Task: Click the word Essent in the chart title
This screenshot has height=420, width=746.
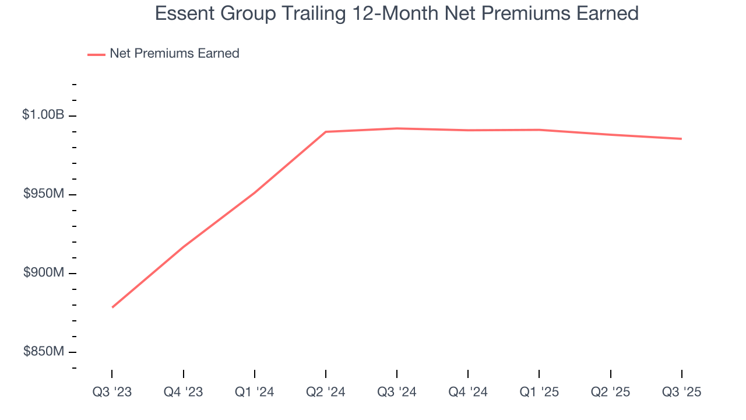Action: tap(181, 13)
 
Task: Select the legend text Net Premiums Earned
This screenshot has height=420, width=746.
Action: tap(174, 54)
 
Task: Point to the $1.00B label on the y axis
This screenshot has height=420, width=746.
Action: tap(43, 115)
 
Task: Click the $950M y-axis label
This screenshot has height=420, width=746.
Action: tap(44, 194)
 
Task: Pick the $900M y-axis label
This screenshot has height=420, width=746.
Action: tap(44, 272)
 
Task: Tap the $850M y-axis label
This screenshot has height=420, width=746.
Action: tap(44, 351)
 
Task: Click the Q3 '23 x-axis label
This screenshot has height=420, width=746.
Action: tap(112, 392)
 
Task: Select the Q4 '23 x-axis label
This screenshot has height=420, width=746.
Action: tap(183, 392)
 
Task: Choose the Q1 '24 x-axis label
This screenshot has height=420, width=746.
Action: tap(254, 392)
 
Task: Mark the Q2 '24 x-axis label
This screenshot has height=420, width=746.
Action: tap(325, 392)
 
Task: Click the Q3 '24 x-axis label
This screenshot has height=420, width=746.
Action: tap(396, 392)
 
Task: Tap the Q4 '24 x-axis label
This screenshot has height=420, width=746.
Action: tap(468, 392)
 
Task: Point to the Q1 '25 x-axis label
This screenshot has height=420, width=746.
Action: tap(539, 392)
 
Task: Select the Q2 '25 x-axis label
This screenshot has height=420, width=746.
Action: tap(610, 392)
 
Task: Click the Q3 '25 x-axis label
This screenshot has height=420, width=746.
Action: tap(681, 392)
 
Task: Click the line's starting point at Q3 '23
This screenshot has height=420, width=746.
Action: tap(112, 307)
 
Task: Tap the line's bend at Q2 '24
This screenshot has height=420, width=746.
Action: tap(326, 132)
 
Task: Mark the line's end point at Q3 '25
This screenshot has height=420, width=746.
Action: tap(681, 139)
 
